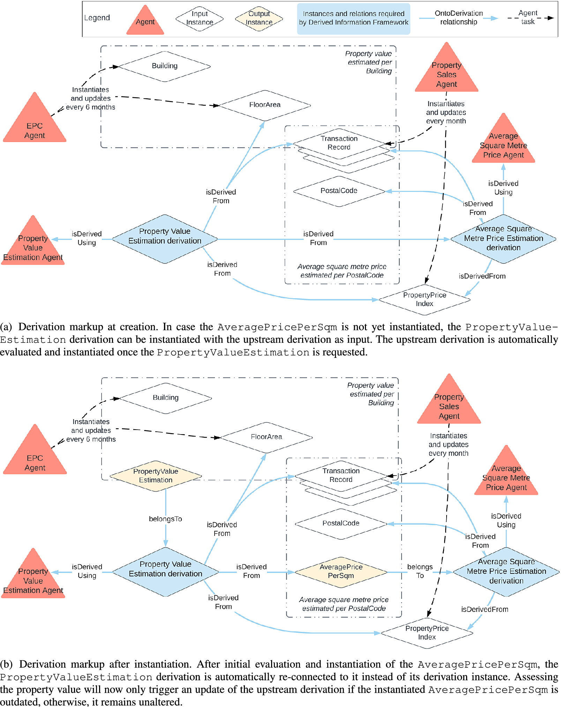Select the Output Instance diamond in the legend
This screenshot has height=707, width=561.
(259, 18)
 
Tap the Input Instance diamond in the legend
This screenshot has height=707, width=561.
(199, 18)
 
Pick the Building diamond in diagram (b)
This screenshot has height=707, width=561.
(165, 398)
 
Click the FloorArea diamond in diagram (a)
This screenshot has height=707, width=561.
(264, 105)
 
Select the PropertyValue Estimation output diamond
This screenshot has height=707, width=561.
(156, 476)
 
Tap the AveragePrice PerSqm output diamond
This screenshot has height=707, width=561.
(341, 571)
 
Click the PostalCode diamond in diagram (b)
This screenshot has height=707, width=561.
(341, 523)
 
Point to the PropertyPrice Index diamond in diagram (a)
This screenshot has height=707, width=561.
(424, 299)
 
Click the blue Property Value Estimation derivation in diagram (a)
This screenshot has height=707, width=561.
(165, 239)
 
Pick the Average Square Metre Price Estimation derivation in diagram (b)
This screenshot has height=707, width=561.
(506, 571)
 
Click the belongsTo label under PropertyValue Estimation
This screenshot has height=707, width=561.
(165, 519)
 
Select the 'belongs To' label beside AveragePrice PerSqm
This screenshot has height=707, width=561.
(420, 571)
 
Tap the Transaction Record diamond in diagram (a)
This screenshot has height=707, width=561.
(339, 143)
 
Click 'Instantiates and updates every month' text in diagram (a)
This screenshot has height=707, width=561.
(446, 113)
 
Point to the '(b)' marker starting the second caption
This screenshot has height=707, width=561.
(6, 664)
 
